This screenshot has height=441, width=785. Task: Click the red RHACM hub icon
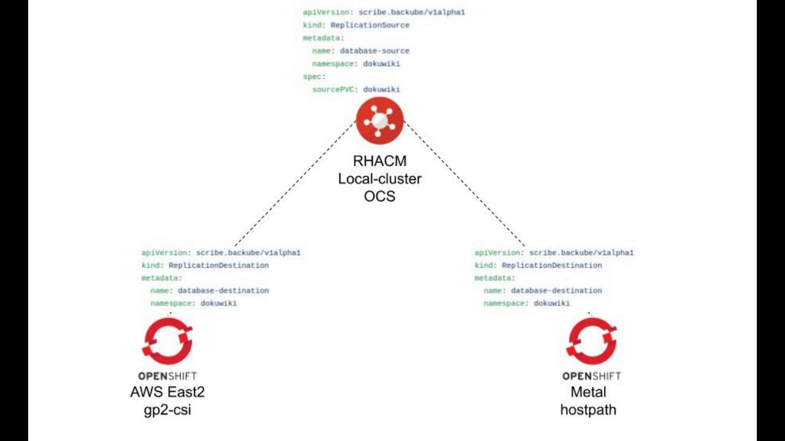380,121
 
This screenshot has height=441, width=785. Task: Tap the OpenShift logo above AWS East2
167,341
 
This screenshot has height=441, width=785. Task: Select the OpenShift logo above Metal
592,341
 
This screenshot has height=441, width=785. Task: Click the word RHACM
380,161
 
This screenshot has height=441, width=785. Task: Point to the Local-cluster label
380,179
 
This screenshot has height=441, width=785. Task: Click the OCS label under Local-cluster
380,197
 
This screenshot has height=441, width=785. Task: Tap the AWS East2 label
167,392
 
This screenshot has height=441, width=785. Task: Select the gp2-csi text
167,410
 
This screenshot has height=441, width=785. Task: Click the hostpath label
588,410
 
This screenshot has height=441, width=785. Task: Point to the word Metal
588,392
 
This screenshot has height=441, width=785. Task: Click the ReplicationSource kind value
370,25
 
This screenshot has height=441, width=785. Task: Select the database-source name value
374,51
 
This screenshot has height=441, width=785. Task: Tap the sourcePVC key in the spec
335,89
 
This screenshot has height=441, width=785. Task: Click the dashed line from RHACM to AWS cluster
294,184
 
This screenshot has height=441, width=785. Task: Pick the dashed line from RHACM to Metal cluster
464,184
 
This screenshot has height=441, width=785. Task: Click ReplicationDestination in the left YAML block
218,265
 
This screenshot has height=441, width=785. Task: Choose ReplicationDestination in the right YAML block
551,265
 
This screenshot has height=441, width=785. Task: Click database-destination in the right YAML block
556,291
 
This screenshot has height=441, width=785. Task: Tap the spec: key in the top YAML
314,77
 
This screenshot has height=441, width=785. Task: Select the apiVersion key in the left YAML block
166,252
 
